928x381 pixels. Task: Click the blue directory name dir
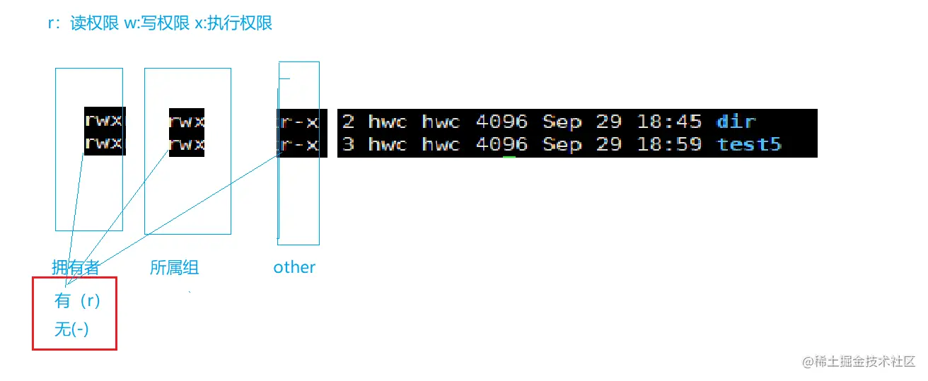pyautogui.click(x=736, y=122)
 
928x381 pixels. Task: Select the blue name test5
pyautogui.click(x=749, y=145)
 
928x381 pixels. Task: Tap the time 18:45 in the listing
pyautogui.click(x=669, y=122)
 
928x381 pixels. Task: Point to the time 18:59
pyautogui.click(x=669, y=145)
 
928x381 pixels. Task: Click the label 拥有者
pyautogui.click(x=76, y=268)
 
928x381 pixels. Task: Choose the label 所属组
pyautogui.click(x=174, y=268)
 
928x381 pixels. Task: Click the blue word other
pyautogui.click(x=294, y=267)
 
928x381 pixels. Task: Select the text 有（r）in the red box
pyautogui.click(x=78, y=301)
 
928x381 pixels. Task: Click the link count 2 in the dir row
pyautogui.click(x=348, y=122)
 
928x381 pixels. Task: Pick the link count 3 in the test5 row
pyautogui.click(x=348, y=145)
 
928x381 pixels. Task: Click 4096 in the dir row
pyautogui.click(x=501, y=122)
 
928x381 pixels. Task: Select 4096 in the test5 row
pyautogui.click(x=501, y=145)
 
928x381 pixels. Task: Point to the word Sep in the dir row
pyautogui.click(x=562, y=122)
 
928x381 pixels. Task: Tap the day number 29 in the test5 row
pyautogui.click(x=608, y=145)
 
